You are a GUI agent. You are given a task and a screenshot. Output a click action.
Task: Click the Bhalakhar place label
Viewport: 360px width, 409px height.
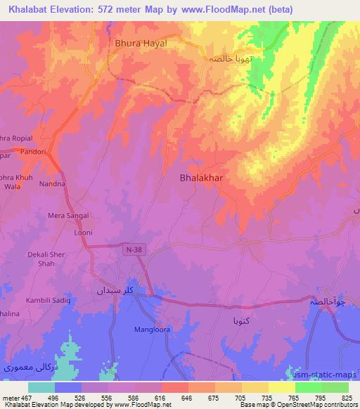(x=201, y=178)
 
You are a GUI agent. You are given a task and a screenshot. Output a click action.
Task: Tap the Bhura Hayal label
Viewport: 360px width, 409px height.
(x=141, y=43)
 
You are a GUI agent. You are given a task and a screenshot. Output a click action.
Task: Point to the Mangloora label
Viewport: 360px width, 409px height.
(x=153, y=328)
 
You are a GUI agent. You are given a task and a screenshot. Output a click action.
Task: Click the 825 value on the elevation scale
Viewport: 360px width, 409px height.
(x=347, y=397)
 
